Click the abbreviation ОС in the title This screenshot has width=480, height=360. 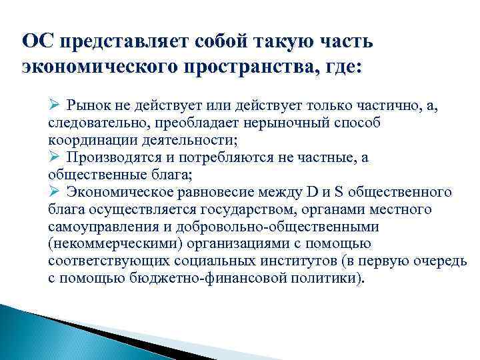tap(37, 42)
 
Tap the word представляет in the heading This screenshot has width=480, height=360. tap(123, 42)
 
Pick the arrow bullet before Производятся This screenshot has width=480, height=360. tap(55, 157)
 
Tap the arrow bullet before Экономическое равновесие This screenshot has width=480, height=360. tap(55, 192)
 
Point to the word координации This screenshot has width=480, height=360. tap(86, 141)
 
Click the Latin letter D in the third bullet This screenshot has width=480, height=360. tap(312, 193)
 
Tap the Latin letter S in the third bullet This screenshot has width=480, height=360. tap(338, 193)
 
